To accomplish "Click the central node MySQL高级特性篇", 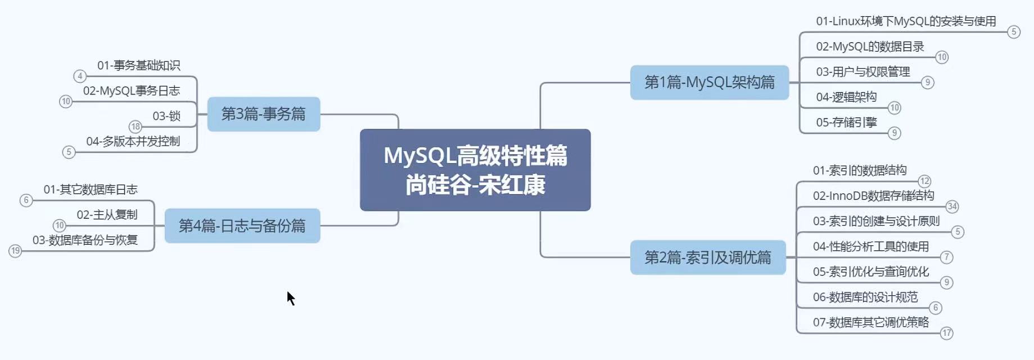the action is [475, 170].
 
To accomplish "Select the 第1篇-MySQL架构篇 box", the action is [709, 83].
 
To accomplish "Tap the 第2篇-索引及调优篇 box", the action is [707, 258].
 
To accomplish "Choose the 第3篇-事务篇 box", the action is [263, 114].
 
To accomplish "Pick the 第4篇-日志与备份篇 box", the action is [242, 226].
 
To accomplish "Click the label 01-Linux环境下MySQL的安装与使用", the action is [905, 21].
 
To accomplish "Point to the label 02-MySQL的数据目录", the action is [870, 47].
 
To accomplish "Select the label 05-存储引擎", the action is [846, 123].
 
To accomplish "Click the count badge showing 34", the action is [952, 206].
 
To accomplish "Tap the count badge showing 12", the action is [924, 181].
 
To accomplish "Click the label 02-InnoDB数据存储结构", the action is [873, 196].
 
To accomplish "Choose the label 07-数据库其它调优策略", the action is [870, 322].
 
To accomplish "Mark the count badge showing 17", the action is [947, 333].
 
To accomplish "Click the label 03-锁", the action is [166, 116].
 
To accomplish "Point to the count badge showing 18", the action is [136, 127].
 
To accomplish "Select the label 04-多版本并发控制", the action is [133, 141].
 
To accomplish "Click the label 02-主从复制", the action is [107, 215].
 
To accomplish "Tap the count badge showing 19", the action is [15, 251].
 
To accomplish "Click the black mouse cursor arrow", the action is [290, 298].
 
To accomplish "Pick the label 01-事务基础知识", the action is [138, 66].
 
